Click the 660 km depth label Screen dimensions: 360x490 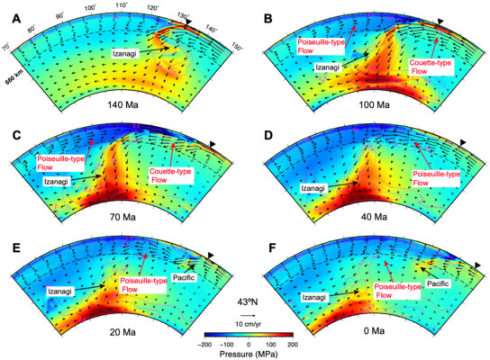point(12,76)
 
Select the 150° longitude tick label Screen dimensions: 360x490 point(237,47)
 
